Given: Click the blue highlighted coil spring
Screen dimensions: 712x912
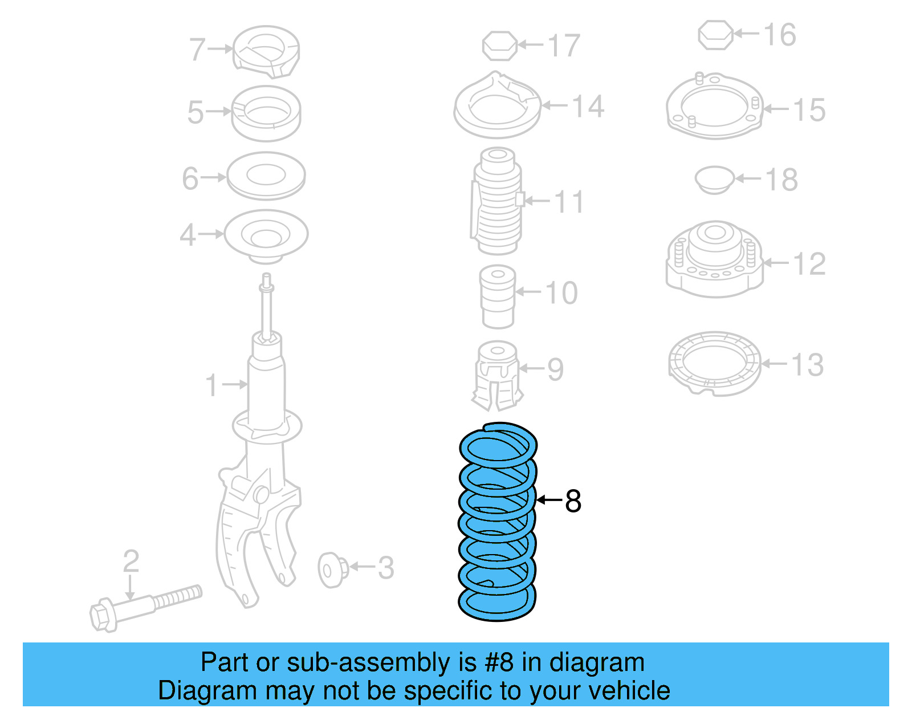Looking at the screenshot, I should [497, 522].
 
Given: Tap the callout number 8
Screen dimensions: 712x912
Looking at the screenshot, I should [573, 502].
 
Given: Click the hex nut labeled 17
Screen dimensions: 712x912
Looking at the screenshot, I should [500, 46].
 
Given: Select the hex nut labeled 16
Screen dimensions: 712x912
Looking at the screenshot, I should [715, 35].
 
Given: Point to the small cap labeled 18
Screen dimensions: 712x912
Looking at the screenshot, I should [714, 179].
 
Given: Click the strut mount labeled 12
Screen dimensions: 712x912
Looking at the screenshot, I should [714, 259].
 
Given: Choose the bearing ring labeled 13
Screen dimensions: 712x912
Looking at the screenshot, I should [714, 363].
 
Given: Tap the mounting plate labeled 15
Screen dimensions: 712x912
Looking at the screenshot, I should [714, 106].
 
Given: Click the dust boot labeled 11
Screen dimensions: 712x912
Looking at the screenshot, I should [498, 201].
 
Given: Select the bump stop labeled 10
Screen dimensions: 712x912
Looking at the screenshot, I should [498, 296].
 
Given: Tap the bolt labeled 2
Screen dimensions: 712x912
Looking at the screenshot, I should [145, 608].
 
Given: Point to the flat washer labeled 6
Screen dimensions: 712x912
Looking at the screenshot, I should [266, 176].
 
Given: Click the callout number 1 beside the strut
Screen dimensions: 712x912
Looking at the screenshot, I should [211, 385].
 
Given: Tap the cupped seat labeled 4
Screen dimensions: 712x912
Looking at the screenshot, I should [266, 235].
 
